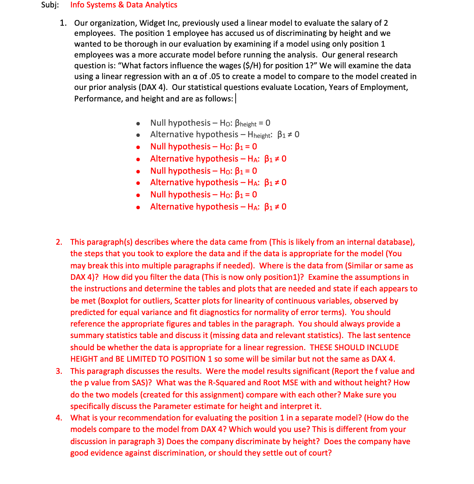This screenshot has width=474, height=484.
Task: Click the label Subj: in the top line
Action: pos(50,5)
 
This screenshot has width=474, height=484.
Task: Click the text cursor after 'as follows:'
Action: pos(236,99)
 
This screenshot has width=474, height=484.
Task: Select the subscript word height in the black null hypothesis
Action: pos(248,124)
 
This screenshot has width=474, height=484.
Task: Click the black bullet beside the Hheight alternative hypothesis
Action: pos(138,135)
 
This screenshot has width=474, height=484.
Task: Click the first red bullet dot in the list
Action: pos(138,147)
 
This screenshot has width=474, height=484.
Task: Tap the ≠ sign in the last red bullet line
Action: pos(277,207)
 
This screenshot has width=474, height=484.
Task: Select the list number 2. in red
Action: pos(59,242)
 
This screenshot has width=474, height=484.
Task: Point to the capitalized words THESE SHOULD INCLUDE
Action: pos(354,347)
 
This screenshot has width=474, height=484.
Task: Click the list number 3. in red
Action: pos(59,371)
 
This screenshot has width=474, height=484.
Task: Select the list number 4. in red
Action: pos(59,418)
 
